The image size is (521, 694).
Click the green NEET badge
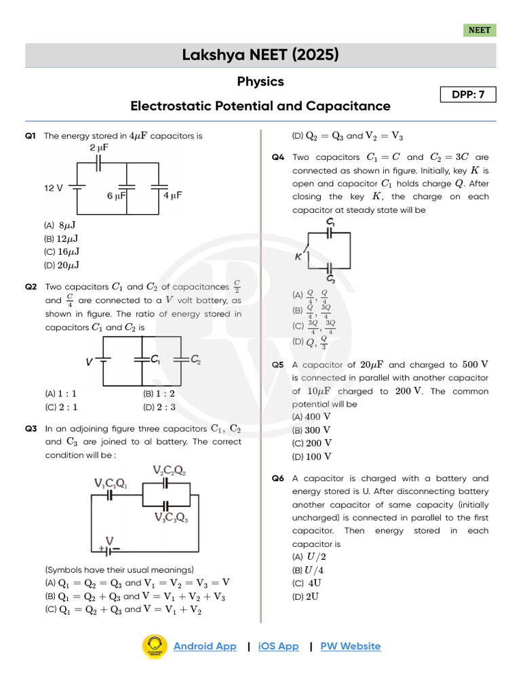point(480,30)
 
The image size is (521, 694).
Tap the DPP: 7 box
point(468,95)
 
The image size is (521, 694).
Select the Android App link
point(205,646)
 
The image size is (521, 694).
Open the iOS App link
point(278,646)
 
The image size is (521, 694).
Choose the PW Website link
point(350,646)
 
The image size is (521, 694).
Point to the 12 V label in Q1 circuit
point(54,188)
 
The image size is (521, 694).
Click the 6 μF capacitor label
point(117,195)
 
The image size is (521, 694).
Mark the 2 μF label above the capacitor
point(99,147)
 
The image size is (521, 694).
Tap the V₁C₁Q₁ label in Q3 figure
point(110,483)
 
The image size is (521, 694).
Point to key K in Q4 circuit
point(298,257)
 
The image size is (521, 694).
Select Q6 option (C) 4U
point(307,583)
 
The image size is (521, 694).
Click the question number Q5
point(277,365)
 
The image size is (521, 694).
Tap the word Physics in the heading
point(260,81)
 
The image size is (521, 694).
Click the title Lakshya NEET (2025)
point(260,55)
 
